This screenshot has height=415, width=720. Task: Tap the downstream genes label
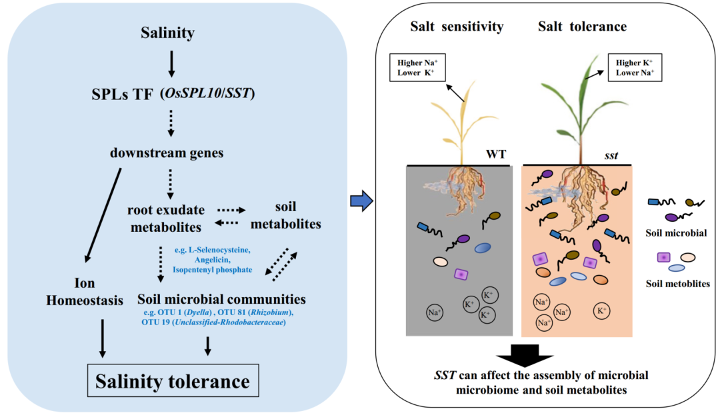[x=167, y=153]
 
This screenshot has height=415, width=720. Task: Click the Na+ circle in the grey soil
[x=435, y=311]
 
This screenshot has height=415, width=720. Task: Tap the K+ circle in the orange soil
[x=603, y=310]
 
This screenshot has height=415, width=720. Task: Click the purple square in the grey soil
[x=459, y=274]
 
